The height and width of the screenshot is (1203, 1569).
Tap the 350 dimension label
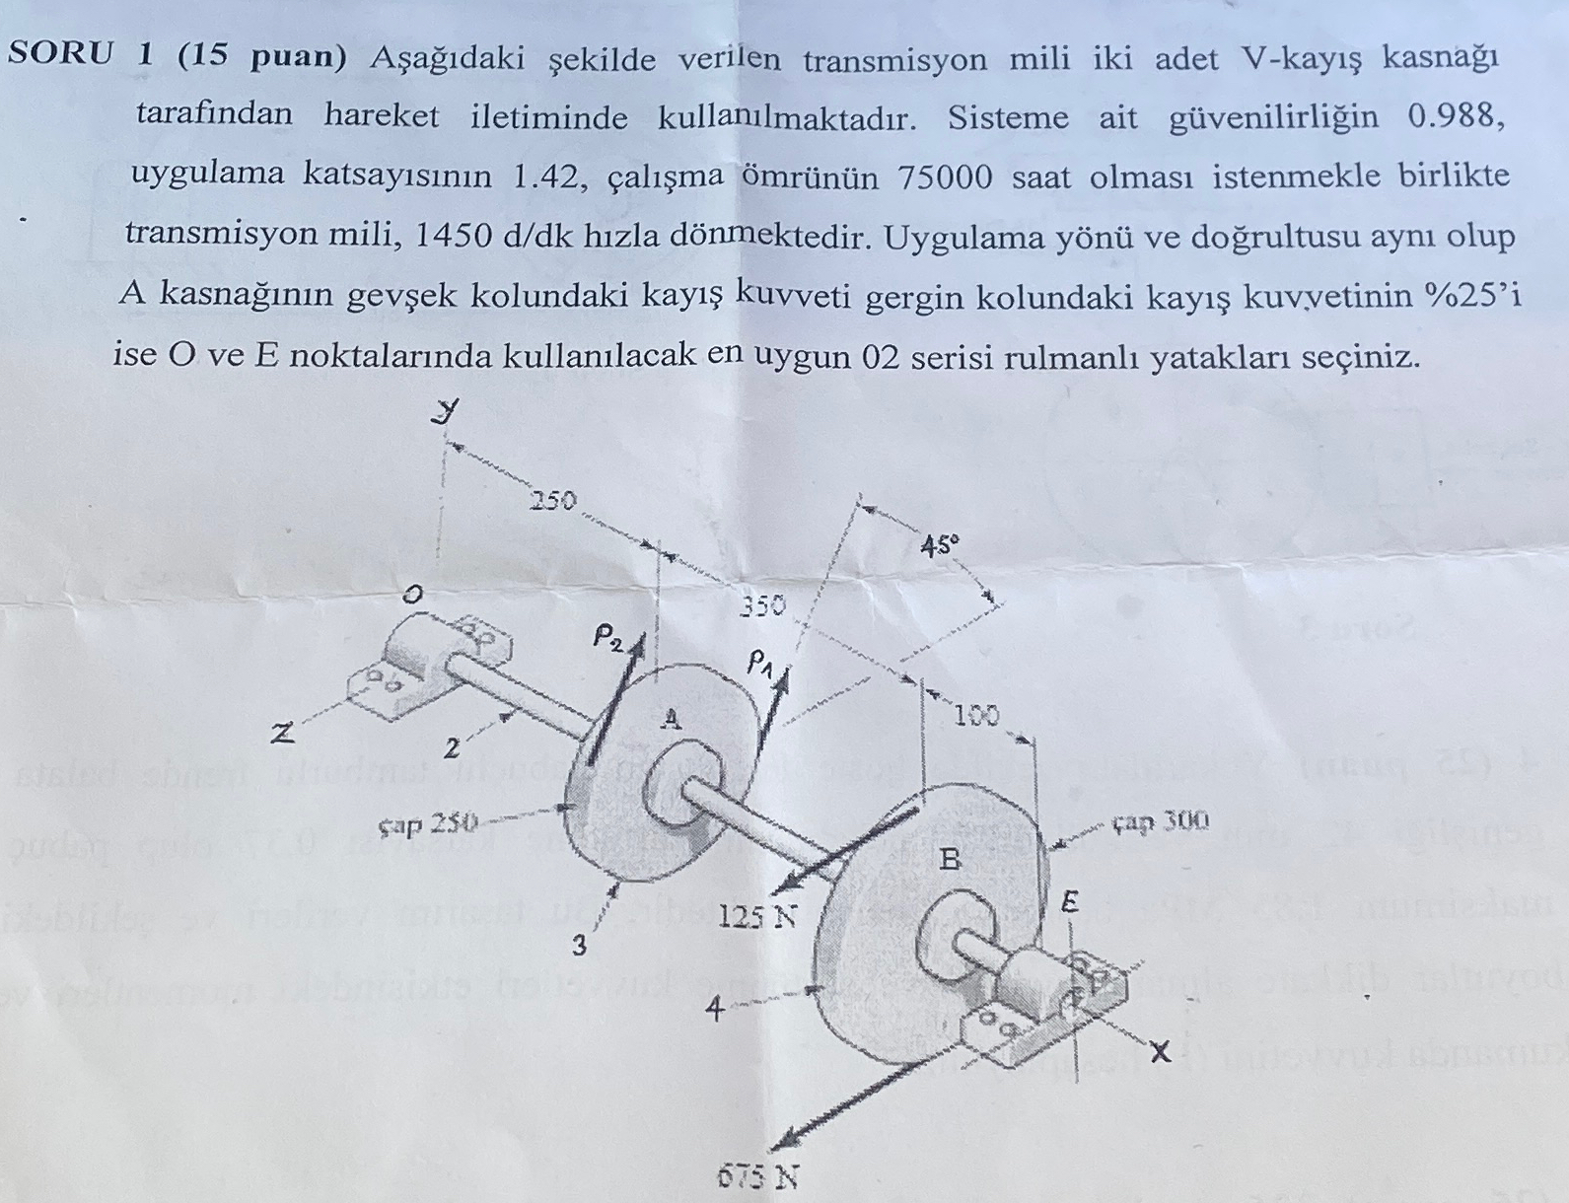pyautogui.click(x=763, y=604)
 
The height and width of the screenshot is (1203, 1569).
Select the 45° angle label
pyautogui.click(x=939, y=544)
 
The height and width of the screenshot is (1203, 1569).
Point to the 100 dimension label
pyautogui.click(x=976, y=715)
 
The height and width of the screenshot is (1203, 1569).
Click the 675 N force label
pyautogui.click(x=758, y=1177)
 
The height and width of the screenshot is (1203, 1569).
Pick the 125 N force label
pyautogui.click(x=756, y=917)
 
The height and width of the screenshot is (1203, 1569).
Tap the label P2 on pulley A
pyautogui.click(x=608, y=636)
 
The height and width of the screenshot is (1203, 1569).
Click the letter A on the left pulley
pyautogui.click(x=671, y=719)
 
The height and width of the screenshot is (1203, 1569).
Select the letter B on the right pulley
pyautogui.click(x=949, y=860)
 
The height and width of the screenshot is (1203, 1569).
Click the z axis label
pyautogui.click(x=284, y=734)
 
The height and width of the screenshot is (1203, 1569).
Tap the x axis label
pyautogui.click(x=1160, y=1052)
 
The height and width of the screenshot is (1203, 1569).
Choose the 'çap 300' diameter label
pyautogui.click(x=1160, y=820)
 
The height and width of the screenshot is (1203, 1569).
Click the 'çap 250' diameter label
pyautogui.click(x=428, y=821)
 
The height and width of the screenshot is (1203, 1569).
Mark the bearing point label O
pyautogui.click(x=412, y=594)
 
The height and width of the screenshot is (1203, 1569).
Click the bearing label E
pyautogui.click(x=1070, y=901)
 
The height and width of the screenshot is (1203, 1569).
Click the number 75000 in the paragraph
pyautogui.click(x=946, y=177)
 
